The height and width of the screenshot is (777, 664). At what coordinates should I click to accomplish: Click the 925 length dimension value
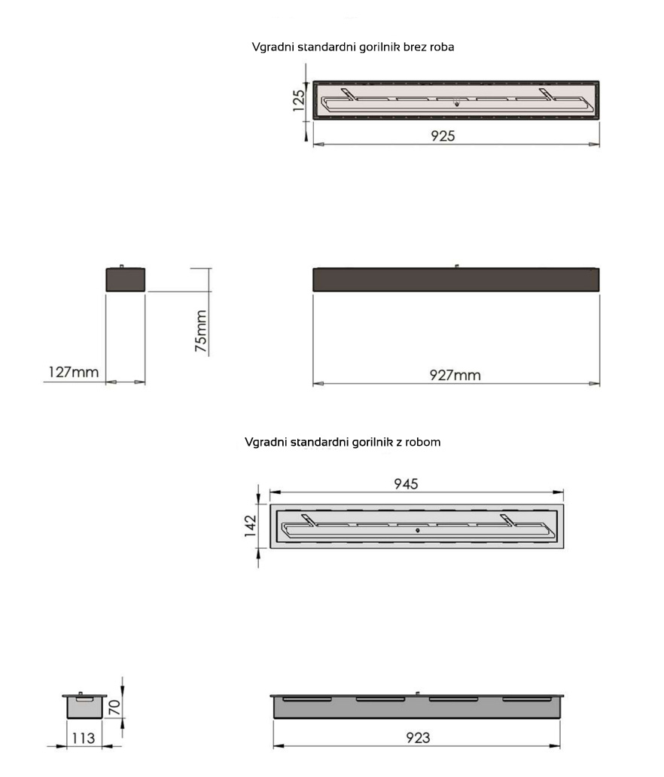(x=443, y=136)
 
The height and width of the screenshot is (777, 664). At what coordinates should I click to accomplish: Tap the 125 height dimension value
(x=299, y=101)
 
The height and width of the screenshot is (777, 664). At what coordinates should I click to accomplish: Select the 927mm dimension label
(x=455, y=375)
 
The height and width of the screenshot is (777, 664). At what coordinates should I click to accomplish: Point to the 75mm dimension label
(x=201, y=331)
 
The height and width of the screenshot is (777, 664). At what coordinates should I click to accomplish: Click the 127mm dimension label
(x=73, y=372)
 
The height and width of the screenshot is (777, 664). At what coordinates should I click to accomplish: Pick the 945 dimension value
(x=406, y=483)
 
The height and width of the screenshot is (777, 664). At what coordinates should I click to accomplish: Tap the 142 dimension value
(x=250, y=526)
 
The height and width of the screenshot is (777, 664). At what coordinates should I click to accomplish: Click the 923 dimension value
(x=418, y=738)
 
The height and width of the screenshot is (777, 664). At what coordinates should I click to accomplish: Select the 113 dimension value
(x=84, y=739)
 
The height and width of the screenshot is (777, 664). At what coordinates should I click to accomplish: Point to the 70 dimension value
(x=114, y=707)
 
